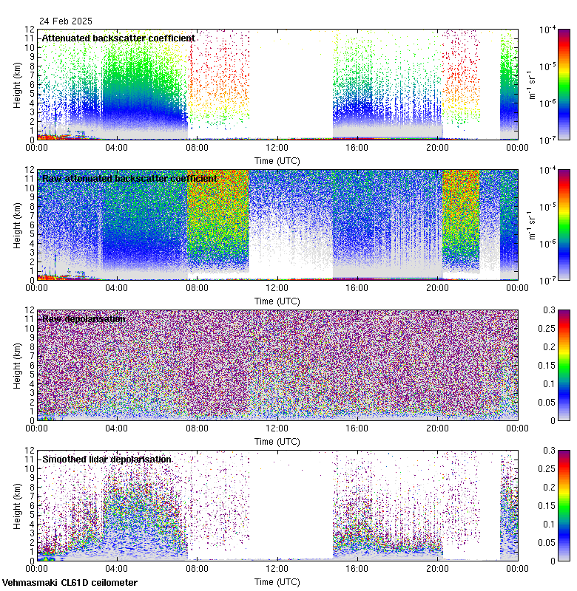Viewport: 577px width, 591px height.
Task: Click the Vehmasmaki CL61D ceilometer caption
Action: [70, 583]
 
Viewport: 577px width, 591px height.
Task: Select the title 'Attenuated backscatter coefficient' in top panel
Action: [118, 38]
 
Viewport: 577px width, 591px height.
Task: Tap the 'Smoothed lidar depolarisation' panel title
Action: [107, 459]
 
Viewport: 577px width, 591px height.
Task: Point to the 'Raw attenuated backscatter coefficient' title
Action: [129, 178]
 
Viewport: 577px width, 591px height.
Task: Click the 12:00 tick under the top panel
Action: [277, 147]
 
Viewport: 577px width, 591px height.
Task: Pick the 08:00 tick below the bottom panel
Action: [197, 568]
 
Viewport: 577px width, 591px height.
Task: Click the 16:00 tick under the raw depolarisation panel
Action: [357, 428]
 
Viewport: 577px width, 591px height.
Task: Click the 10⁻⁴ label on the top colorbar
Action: [548, 30]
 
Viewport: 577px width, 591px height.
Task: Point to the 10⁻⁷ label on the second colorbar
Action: [548, 281]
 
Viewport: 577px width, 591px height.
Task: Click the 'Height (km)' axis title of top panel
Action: [17, 84]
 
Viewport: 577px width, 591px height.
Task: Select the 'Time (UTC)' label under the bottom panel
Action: [277, 581]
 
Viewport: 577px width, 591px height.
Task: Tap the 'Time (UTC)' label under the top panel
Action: [277, 160]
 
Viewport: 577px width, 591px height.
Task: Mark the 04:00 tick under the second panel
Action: [117, 287]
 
